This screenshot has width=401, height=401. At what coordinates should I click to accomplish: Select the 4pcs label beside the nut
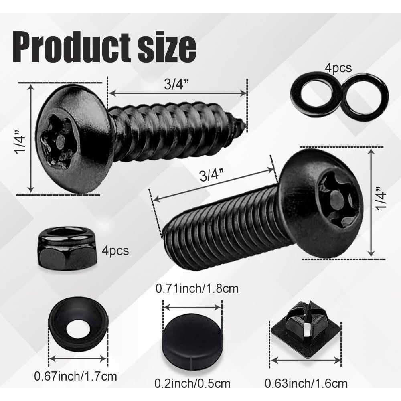coord(115,251)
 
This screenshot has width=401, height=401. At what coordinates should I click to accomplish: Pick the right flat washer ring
coord(366,97)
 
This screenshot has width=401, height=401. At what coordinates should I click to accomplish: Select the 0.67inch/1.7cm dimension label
coord(76,377)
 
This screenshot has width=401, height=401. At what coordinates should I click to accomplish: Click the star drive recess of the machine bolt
coord(337,196)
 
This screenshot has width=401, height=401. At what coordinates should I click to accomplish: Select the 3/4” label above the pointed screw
coord(177,85)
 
